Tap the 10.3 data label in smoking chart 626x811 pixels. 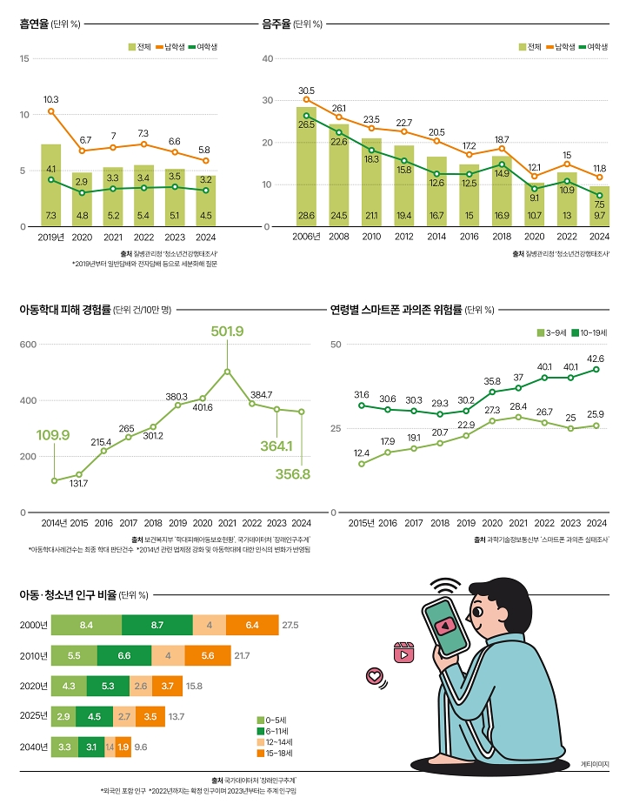pos(50,99)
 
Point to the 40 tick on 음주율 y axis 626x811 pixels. pos(268,58)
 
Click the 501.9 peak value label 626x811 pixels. pos(227,332)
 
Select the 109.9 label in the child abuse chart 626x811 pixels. pos(53,434)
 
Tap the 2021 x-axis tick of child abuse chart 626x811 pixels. pos(227,523)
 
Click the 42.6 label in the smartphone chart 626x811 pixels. pos(596,359)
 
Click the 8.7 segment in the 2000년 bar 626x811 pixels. pos(157,625)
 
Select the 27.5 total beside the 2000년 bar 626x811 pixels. pos(290,625)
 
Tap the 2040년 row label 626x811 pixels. pos(33,747)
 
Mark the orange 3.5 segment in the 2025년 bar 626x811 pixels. pos(150,716)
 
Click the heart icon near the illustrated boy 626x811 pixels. pos(375,675)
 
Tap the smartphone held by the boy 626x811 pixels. pos(443,623)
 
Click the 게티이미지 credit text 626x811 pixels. pos(595,763)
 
